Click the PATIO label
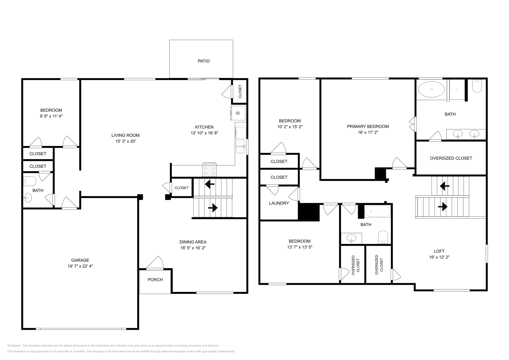point(204,61)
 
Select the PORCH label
point(155,280)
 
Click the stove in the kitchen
point(210,169)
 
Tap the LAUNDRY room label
point(279,203)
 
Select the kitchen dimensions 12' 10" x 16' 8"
point(204,133)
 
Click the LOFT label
point(439,251)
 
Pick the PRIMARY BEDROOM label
point(368,126)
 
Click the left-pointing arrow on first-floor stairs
point(209,184)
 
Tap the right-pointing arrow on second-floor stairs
point(443,207)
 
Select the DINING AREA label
point(193,242)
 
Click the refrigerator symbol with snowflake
point(238,113)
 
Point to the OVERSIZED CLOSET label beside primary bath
point(451,158)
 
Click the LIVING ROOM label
point(125,135)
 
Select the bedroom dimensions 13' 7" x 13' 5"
point(300,247)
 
